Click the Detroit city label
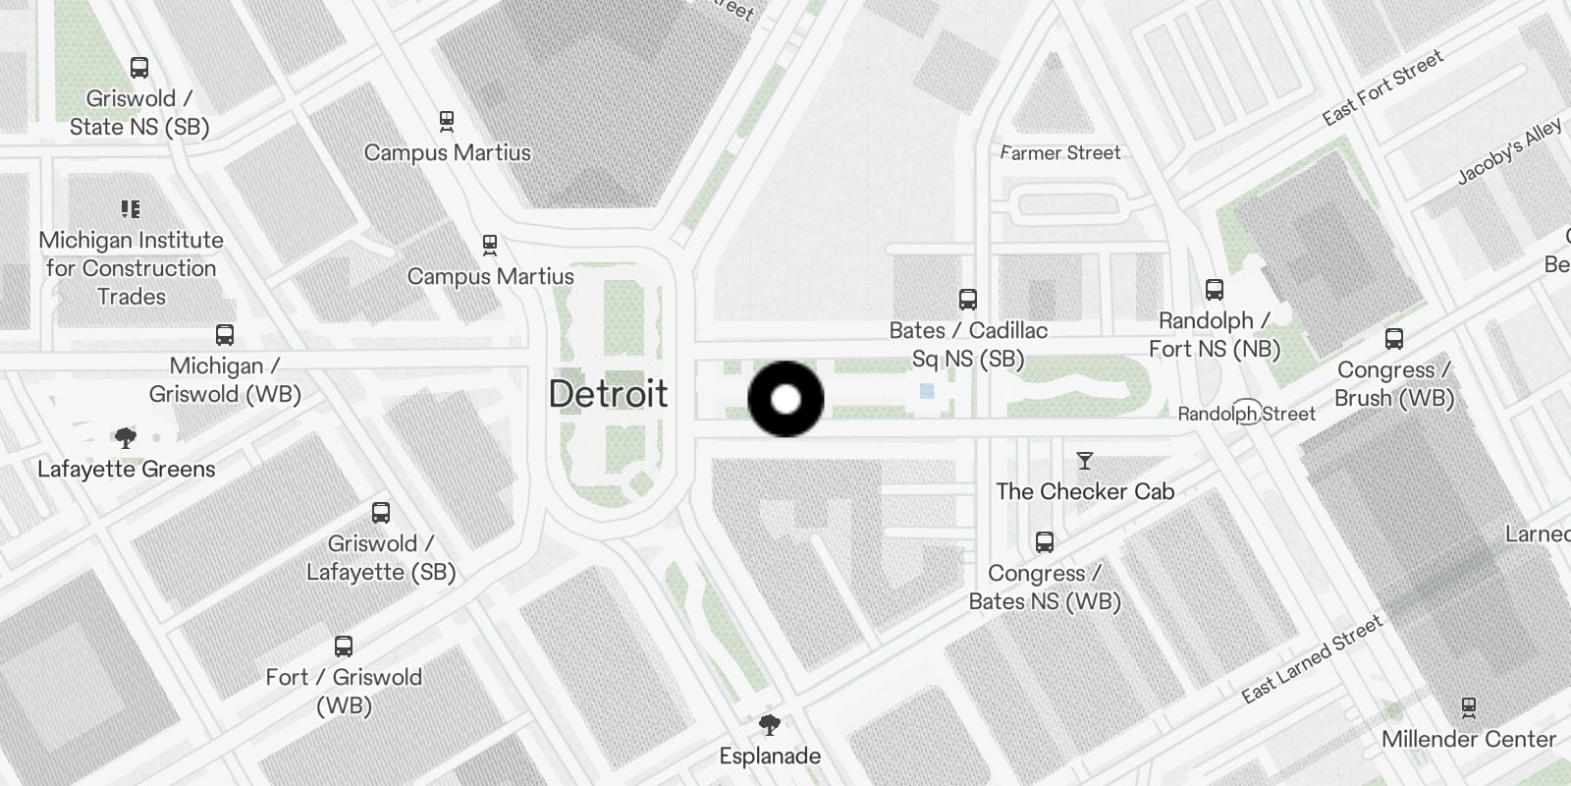(x=608, y=394)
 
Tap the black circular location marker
(x=785, y=399)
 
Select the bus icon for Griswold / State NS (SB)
(x=139, y=68)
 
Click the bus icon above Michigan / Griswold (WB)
(x=225, y=335)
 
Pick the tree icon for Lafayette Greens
(x=125, y=438)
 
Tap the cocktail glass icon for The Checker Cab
(x=1085, y=461)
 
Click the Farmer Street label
(x=1060, y=152)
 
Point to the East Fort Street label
(x=1382, y=87)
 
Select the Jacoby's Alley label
(x=1509, y=152)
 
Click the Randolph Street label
(x=1247, y=414)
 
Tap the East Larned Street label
(x=1312, y=659)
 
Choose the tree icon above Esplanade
(x=770, y=726)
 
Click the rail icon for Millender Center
(x=1469, y=708)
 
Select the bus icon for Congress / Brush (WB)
(x=1394, y=339)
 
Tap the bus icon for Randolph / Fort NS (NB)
(x=1215, y=290)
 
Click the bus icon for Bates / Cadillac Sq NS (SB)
(x=968, y=300)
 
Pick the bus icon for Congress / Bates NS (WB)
(x=1045, y=542)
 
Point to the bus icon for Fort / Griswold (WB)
(x=344, y=646)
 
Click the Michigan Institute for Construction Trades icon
(x=131, y=209)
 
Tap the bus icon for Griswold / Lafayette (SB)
(x=381, y=513)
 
